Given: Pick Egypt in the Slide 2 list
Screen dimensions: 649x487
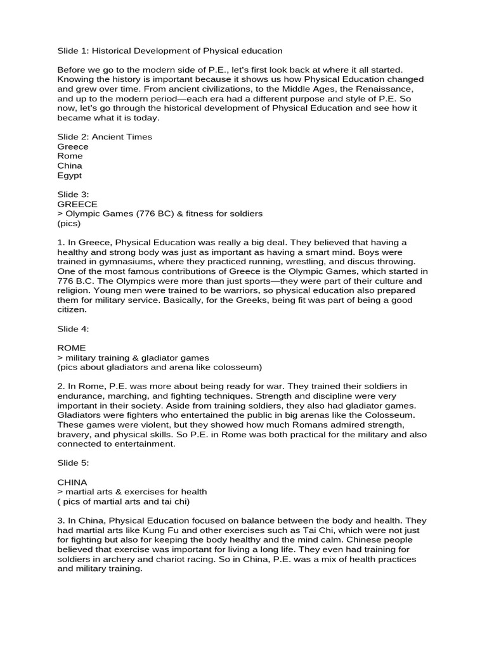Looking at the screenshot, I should pyautogui.click(x=69, y=176).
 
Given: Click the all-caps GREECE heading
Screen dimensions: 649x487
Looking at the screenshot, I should pyautogui.click(x=77, y=204).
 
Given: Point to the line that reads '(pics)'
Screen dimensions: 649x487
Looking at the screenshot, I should pyautogui.click(x=68, y=224).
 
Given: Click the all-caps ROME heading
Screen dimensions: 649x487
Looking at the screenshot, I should pyautogui.click(x=71, y=348).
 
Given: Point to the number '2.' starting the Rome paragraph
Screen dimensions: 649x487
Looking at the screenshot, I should pyautogui.click(x=61, y=386).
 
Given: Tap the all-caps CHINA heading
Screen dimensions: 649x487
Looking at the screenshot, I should pyautogui.click(x=72, y=482).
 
